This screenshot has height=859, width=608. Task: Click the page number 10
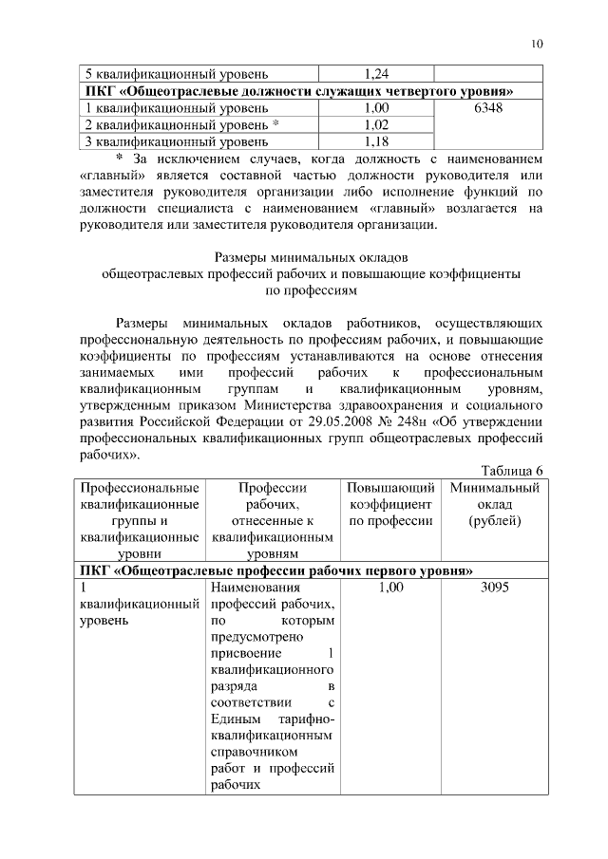pos(537,44)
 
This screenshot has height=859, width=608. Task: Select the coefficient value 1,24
pos(377,74)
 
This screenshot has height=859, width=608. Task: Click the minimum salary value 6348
pos(487,108)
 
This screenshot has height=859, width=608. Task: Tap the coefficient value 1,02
pos(377,125)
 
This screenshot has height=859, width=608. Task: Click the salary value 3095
pos(494,588)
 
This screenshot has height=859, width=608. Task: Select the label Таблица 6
pos(511,471)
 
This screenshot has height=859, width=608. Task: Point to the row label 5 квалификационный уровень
pos(178,74)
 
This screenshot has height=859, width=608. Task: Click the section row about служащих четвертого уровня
pos(299,91)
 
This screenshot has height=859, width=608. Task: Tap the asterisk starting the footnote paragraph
pos(120,158)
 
